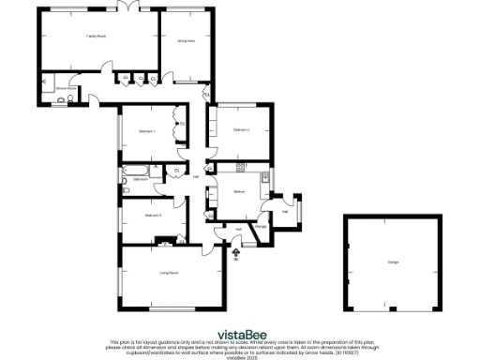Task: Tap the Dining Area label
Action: pos(187,41)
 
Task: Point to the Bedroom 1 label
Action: pos(146,132)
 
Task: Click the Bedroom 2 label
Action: pos(241,129)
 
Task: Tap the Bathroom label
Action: pos(141,178)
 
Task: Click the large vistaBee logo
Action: pos(239,332)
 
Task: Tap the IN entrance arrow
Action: pos(235,255)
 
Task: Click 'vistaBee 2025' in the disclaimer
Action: pos(239,354)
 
